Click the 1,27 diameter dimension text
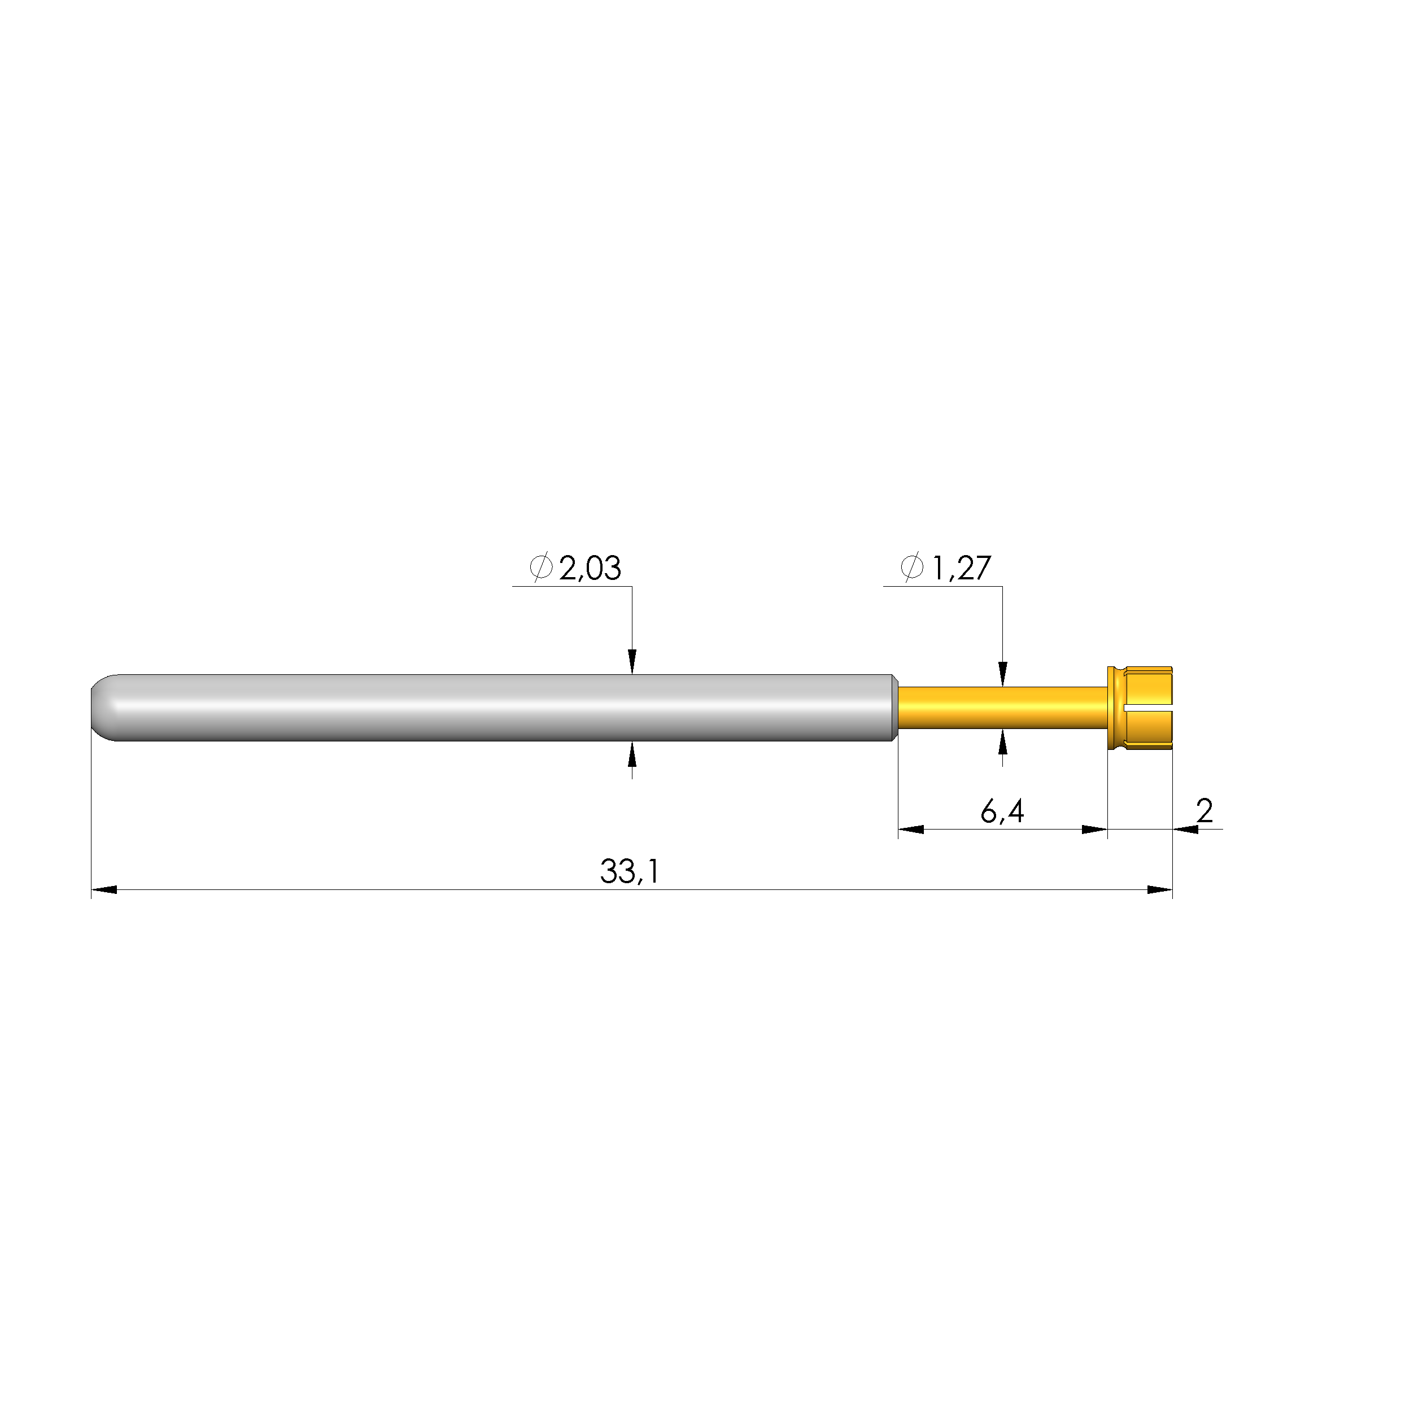(961, 569)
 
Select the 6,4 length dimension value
(1002, 811)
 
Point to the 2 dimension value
(1204, 811)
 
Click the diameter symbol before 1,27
(912, 568)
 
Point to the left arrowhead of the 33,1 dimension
(104, 890)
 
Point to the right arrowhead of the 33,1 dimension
(1160, 890)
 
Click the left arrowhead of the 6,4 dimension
(910, 829)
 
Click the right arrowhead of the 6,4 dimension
(1095, 829)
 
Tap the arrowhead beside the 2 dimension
(1186, 829)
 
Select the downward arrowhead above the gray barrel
(632, 661)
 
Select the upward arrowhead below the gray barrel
(632, 754)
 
